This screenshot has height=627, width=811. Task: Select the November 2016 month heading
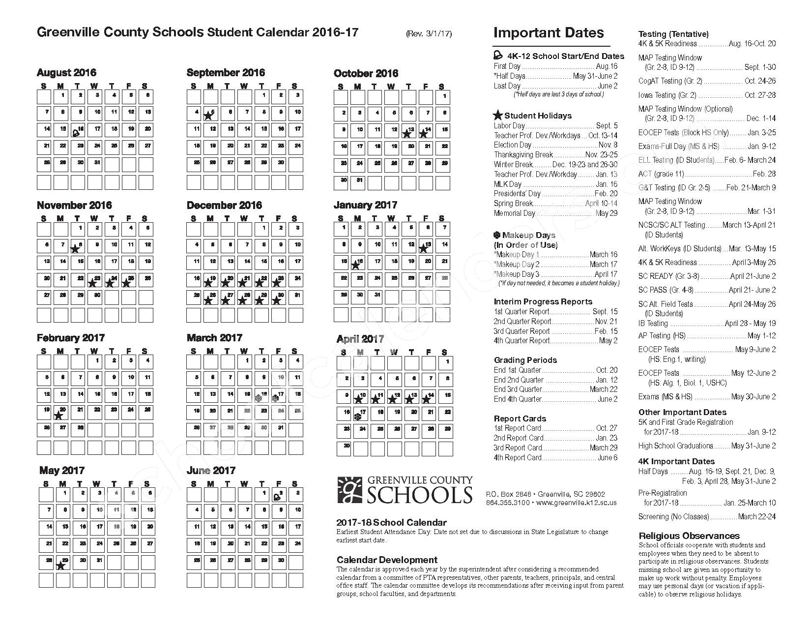click(x=74, y=206)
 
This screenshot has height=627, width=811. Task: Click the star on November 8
click(x=75, y=249)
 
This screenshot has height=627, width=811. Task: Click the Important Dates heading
click(x=548, y=33)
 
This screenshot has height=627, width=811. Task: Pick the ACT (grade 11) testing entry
click(x=707, y=174)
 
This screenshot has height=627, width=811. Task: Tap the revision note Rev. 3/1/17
click(x=429, y=34)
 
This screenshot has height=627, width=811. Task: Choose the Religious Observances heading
click(x=689, y=536)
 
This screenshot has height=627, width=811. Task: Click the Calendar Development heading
click(x=387, y=560)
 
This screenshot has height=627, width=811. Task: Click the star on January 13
click(x=423, y=248)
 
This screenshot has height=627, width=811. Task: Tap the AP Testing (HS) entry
click(x=707, y=335)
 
